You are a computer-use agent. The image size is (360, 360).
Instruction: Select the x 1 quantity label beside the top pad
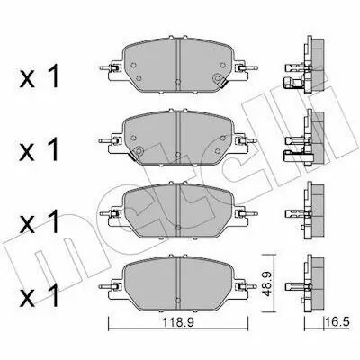[39, 77]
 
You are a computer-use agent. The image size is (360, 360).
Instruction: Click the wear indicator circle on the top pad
[217, 78]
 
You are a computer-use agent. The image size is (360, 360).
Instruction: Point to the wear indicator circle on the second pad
[139, 150]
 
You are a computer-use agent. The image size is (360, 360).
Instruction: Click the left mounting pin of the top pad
[106, 68]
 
